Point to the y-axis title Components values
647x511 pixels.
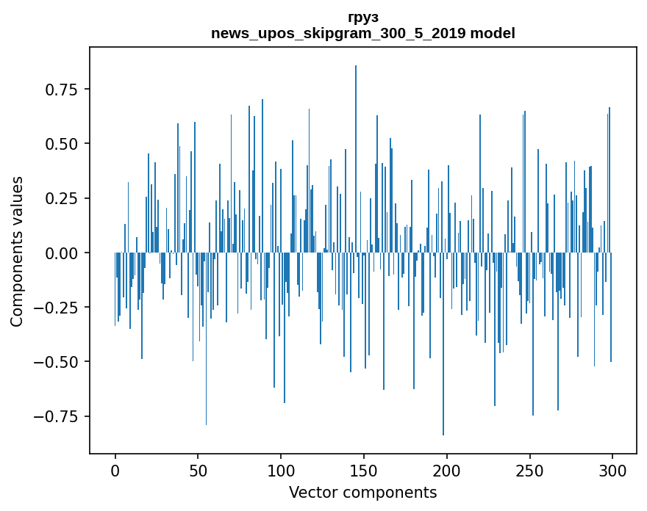[17, 251]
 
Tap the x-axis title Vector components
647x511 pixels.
[362, 492]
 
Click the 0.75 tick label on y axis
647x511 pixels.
[62, 90]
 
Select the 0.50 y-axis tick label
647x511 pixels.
[62, 144]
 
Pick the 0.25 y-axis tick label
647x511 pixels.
[62, 198]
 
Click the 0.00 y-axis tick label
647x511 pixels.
[62, 253]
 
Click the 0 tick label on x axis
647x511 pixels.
[115, 471]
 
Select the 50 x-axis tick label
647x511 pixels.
[198, 471]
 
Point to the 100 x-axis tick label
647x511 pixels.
[281, 471]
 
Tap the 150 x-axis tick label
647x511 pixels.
[364, 471]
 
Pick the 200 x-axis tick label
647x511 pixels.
[447, 471]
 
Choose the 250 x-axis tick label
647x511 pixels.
[529, 471]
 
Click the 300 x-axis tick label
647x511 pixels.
[612, 471]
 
